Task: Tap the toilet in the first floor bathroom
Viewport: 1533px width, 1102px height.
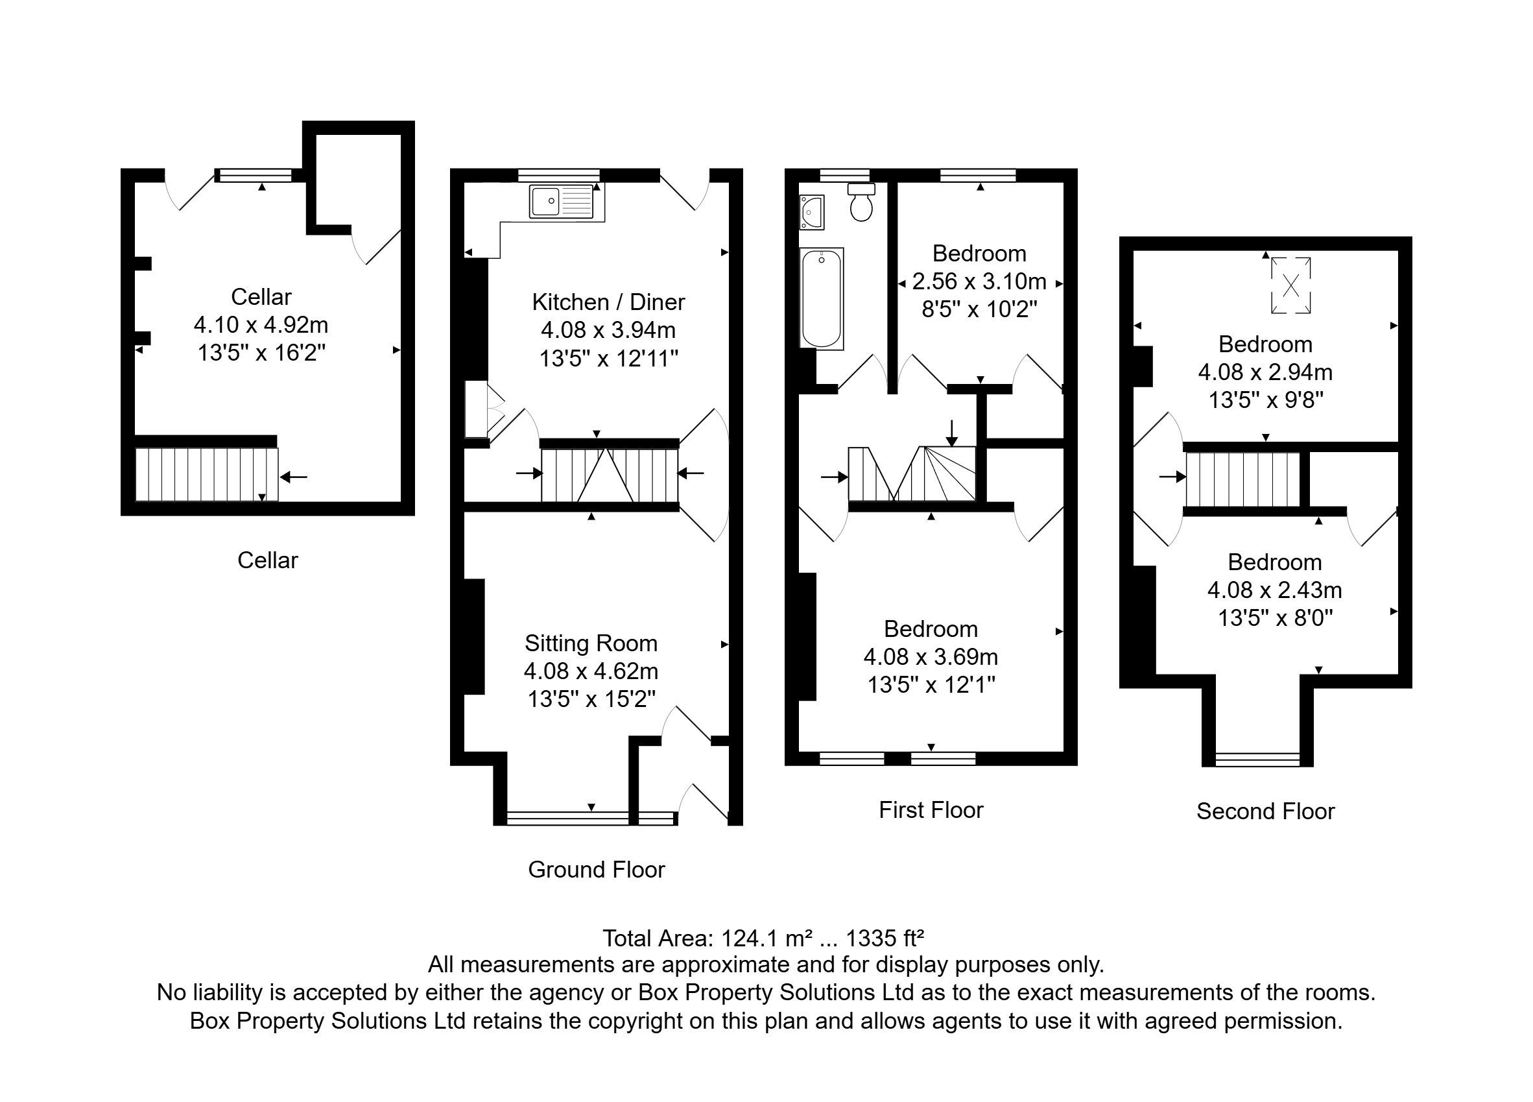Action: pos(861,202)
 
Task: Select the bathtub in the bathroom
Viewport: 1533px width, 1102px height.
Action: pos(821,298)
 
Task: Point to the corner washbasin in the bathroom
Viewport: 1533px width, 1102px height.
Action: pos(811,212)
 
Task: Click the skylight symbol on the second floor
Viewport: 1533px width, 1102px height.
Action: pos(1290,285)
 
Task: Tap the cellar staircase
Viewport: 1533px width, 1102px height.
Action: pos(207,475)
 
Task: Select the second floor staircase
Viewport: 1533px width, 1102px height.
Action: pos(1243,479)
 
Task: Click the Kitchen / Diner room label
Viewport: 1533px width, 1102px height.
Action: pos(608,302)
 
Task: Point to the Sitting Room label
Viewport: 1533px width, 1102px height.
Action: pos(591,643)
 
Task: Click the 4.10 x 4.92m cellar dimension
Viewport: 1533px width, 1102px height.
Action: pos(261,325)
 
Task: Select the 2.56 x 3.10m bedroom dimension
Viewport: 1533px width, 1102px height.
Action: pos(979,281)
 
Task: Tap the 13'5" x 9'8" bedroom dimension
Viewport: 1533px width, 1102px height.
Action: pos(1265,400)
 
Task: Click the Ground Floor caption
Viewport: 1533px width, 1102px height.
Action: pos(596,869)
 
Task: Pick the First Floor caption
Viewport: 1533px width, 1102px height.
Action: pos(931,810)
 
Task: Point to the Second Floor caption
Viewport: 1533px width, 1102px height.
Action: pos(1265,811)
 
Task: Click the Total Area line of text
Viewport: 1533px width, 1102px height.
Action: pos(763,939)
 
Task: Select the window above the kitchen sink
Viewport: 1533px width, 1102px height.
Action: pos(559,176)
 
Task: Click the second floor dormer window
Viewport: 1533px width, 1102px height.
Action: pos(1257,760)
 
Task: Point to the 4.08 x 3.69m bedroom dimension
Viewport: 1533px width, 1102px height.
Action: pos(931,656)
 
